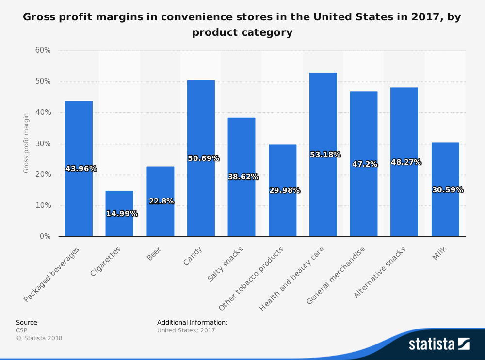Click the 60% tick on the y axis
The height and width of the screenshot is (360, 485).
43,50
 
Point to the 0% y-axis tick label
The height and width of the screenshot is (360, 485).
45,236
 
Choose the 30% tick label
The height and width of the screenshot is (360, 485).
43,144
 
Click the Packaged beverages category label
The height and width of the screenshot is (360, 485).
52,274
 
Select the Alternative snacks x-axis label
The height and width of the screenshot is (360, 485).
380,272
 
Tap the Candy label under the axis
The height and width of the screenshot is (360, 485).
193,256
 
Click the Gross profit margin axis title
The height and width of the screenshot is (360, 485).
26,143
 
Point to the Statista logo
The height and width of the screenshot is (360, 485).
439,344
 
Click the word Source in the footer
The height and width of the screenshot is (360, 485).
27,322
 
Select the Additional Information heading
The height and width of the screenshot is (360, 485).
192,322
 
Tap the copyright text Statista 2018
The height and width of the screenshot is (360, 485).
39,338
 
